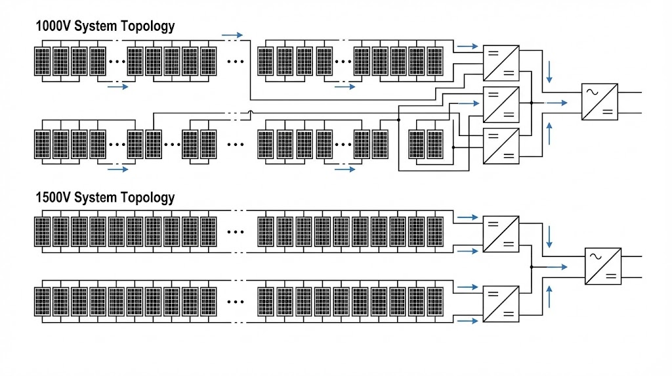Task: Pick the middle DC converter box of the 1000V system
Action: [x=501, y=104]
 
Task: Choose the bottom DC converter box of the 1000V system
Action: [x=501, y=146]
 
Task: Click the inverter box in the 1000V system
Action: [x=599, y=101]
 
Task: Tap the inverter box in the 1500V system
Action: [x=602, y=266]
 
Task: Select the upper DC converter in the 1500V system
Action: [x=501, y=234]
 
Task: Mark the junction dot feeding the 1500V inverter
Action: [x=531, y=267]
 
